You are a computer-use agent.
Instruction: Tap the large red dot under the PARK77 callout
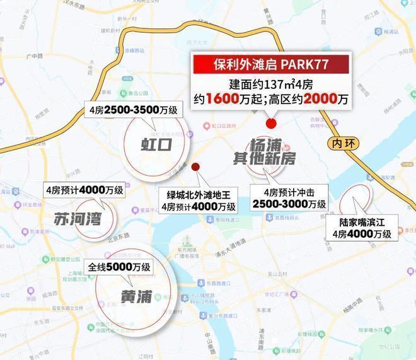pos(272,124)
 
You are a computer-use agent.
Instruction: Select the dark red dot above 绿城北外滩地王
pos(195,167)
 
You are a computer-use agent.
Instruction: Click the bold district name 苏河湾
pos(78,219)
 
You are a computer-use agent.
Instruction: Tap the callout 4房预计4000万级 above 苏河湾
pos(84,189)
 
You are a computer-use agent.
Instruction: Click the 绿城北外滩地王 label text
pos(198,195)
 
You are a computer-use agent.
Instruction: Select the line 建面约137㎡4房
pos(272,84)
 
